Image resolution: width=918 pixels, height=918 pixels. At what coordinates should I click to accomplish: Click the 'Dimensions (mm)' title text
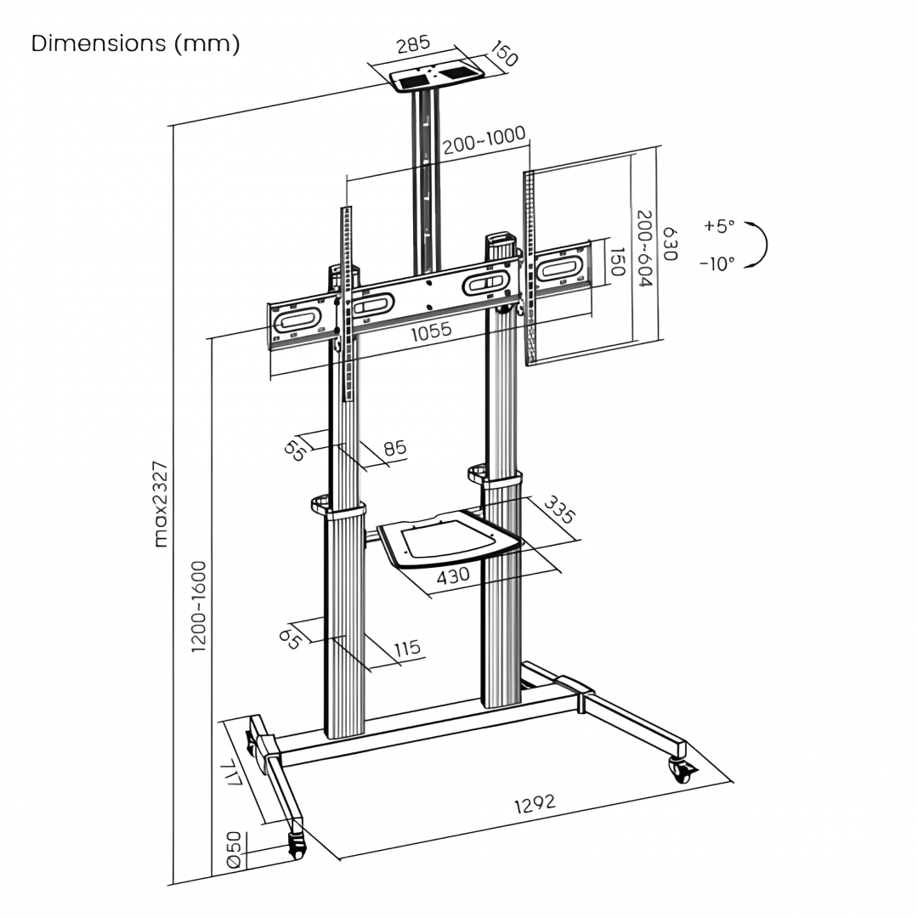point(135,44)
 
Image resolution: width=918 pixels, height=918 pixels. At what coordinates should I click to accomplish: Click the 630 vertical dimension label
point(671,244)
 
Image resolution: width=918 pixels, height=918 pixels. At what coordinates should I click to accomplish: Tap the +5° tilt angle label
point(718,226)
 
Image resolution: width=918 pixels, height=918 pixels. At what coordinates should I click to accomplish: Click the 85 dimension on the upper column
point(394,448)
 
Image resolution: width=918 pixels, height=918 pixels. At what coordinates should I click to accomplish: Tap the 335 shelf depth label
point(558,510)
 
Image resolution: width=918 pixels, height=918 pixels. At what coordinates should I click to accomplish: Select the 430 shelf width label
point(453,575)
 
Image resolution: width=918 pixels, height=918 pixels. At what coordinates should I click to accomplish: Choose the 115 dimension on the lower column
point(407,649)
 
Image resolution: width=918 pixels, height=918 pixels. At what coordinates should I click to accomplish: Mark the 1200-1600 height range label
point(199,606)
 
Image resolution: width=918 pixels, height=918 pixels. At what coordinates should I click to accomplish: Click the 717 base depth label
point(232,774)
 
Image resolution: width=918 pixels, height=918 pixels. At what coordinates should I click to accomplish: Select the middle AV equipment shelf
point(448,541)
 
